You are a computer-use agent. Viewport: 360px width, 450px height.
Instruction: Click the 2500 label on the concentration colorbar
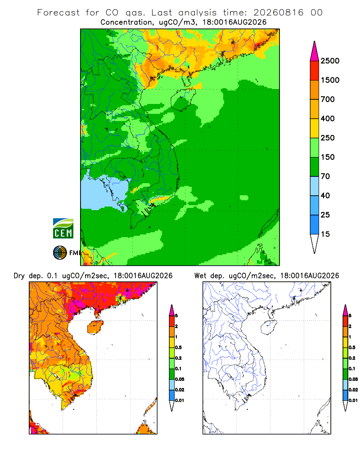pos(330,61)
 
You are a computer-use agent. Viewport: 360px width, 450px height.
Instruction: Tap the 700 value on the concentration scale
pos(328,99)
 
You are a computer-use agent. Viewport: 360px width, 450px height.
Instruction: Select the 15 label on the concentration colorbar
pos(325,234)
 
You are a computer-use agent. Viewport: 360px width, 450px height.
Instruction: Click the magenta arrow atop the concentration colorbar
pos(315,52)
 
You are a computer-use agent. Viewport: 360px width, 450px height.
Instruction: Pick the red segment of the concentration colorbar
pos(315,71)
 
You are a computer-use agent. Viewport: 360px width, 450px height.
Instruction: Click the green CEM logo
pos(63,228)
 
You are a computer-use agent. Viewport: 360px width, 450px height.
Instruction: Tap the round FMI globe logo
pos(60,253)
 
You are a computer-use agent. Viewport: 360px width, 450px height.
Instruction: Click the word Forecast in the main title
pos(58,13)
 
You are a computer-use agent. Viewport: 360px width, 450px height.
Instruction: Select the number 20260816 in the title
pos(278,13)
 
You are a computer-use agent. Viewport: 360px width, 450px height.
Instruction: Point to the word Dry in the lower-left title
pos(19,276)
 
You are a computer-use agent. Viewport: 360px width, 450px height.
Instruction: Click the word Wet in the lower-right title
pos(200,276)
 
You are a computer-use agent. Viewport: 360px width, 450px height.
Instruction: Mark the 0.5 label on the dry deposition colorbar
pos(178,347)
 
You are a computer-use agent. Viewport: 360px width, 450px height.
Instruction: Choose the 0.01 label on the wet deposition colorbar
pos(353,400)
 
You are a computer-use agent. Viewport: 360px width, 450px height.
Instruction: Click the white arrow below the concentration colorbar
pos(315,243)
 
